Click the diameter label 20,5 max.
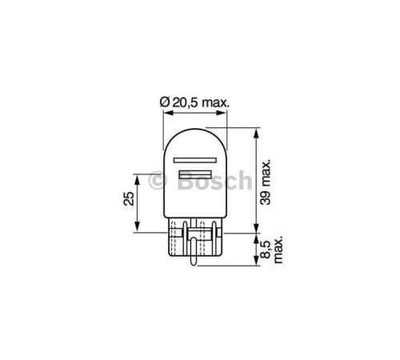[x=195, y=102]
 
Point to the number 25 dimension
[x=127, y=200]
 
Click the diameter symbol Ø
[x=164, y=102]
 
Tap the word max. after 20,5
[x=214, y=102]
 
